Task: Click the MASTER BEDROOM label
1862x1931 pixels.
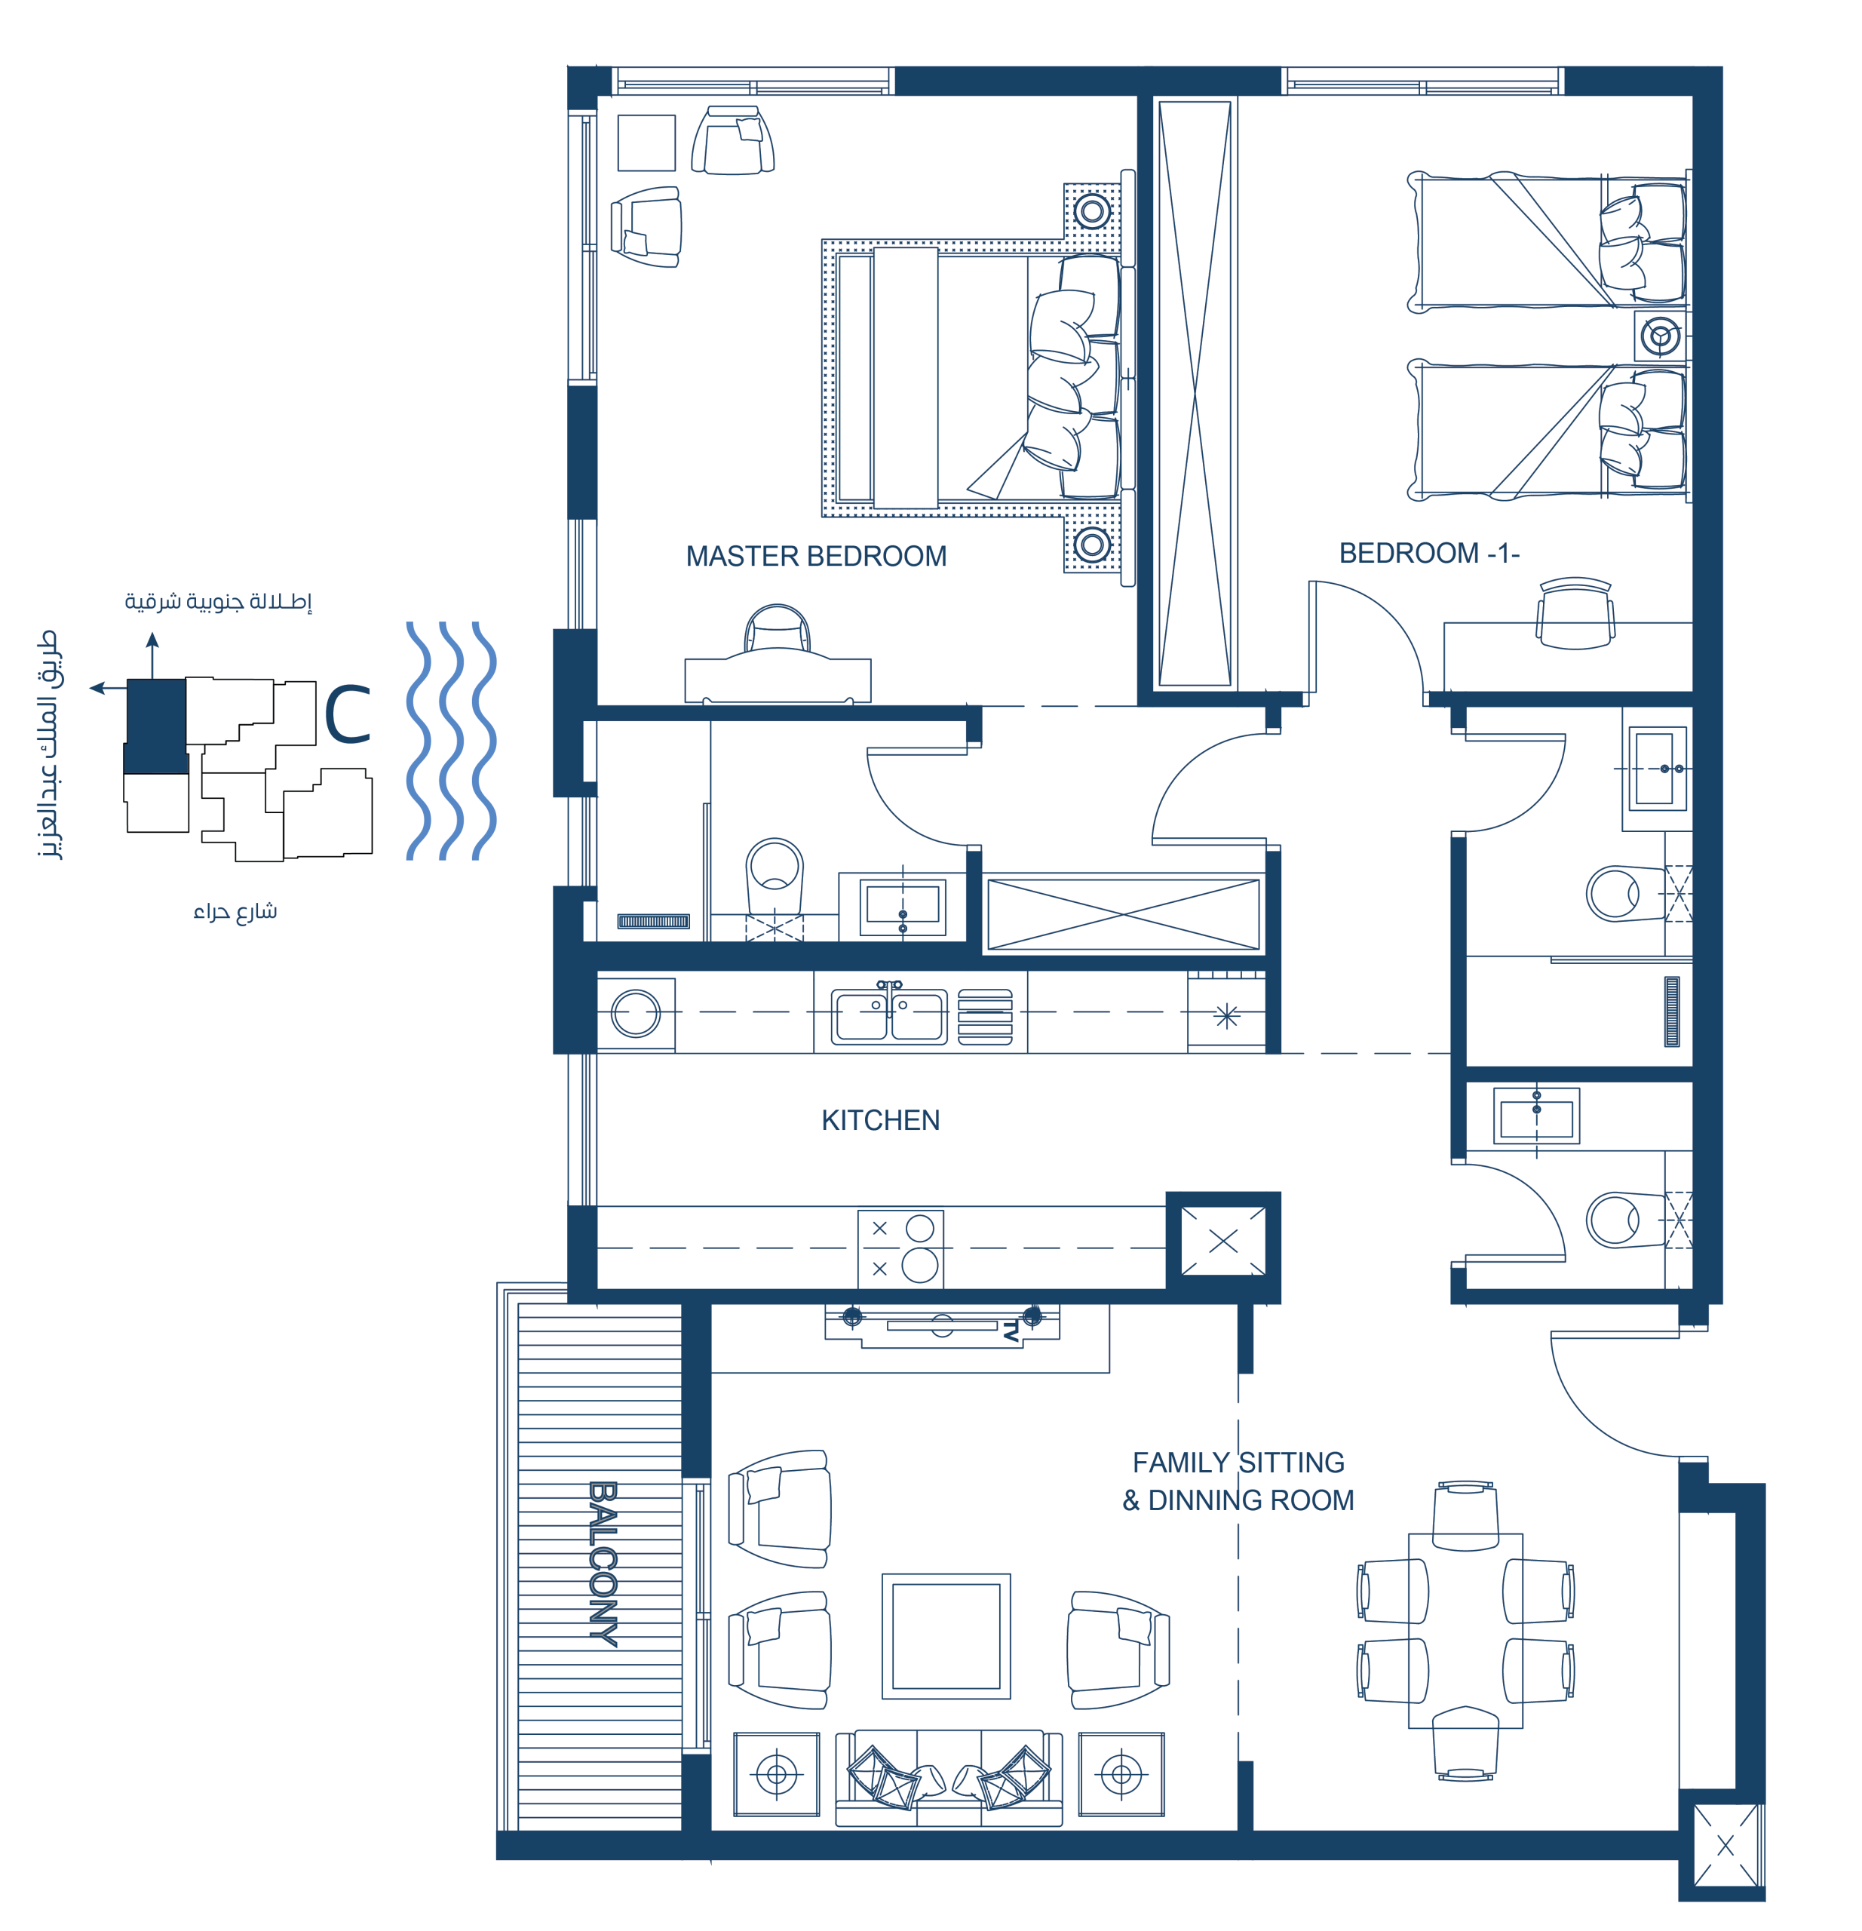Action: point(816,557)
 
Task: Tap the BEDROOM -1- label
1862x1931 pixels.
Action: point(1428,554)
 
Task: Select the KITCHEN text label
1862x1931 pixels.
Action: point(881,1120)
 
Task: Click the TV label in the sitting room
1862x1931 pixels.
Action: point(1011,1332)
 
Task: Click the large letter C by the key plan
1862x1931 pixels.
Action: point(348,714)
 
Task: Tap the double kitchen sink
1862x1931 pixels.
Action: point(890,1014)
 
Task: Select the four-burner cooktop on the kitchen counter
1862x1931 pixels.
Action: point(900,1248)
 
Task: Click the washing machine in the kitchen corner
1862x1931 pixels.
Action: point(636,1014)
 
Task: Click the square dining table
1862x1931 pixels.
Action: point(1465,1631)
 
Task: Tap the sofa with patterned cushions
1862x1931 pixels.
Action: point(949,1779)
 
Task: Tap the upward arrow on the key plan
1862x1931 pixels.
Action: point(152,655)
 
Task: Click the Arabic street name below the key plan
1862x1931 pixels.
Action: point(235,911)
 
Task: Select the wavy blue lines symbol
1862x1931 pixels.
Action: point(451,740)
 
